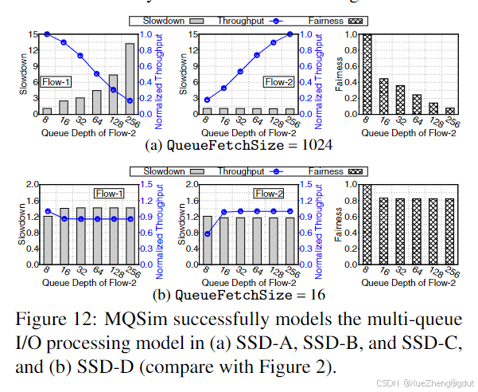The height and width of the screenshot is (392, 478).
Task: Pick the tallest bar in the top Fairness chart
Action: [x=367, y=73]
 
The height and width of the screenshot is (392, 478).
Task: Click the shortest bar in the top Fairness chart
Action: [x=449, y=111]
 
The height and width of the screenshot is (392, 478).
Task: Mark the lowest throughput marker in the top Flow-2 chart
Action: [x=208, y=100]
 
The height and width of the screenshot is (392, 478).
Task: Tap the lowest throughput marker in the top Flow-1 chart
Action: [x=130, y=100]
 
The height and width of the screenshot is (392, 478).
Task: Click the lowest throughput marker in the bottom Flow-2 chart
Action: [x=208, y=233]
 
